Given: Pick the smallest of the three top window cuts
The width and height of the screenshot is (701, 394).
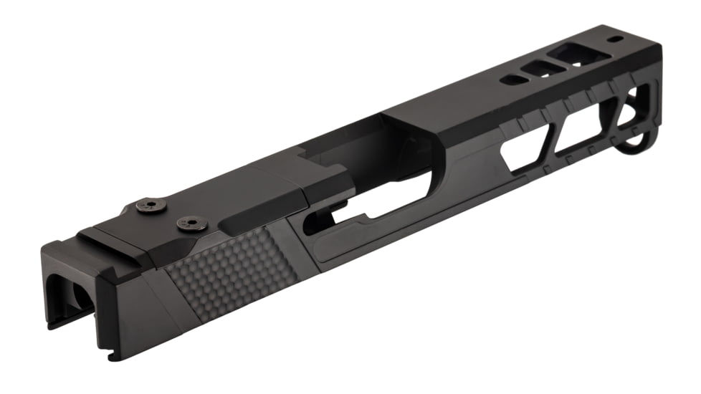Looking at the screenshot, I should click(512, 79).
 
